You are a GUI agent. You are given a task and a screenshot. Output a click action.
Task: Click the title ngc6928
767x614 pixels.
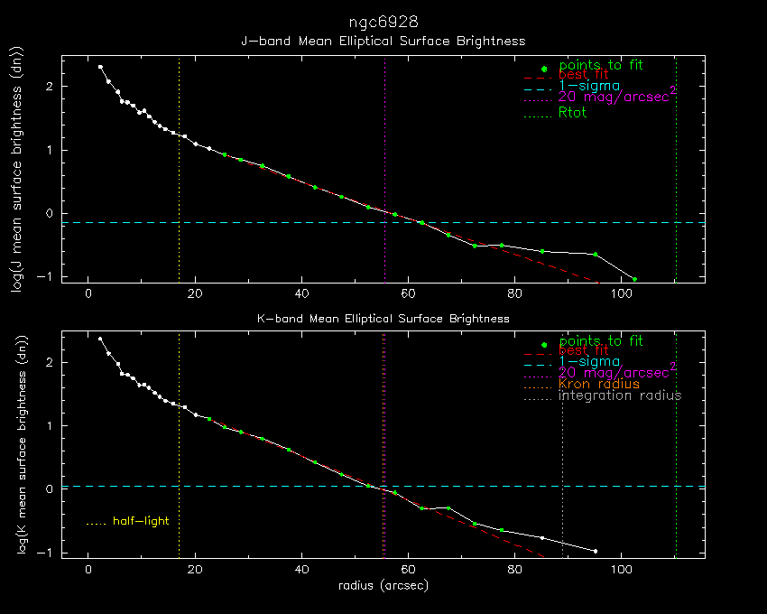pos(383,21)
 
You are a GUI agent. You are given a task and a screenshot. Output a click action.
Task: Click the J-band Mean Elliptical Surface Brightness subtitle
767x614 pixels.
pos(383,41)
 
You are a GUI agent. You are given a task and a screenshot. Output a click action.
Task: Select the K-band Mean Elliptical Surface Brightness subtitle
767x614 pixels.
pos(383,319)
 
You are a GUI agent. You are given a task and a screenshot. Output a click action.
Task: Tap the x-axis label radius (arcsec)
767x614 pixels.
pos(383,585)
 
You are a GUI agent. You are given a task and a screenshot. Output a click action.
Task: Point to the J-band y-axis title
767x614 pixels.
pos(17,170)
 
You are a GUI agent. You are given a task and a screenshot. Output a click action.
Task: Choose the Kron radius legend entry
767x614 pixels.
pos(598,384)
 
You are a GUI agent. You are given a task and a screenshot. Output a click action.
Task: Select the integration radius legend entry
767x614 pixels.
pos(620,395)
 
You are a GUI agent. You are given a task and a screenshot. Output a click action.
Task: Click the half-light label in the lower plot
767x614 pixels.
pos(140,521)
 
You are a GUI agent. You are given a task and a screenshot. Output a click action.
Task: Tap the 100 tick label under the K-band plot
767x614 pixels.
pos(621,571)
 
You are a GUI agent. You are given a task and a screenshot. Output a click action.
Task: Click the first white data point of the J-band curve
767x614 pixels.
pos(100,67)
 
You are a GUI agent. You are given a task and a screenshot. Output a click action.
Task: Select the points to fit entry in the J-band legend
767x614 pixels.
pos(600,65)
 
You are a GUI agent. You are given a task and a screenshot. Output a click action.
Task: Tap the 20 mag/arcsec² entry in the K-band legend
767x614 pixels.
pos(617,371)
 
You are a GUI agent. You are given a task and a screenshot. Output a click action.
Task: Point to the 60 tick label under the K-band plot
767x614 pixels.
pos(408,571)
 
